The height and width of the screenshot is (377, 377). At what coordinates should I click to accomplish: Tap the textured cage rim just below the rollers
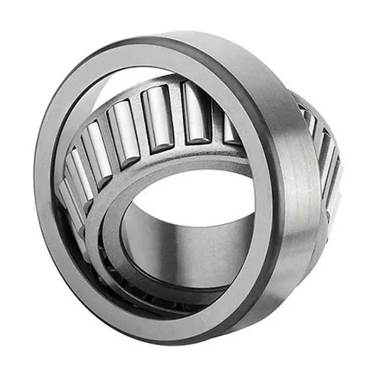point(157,157)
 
